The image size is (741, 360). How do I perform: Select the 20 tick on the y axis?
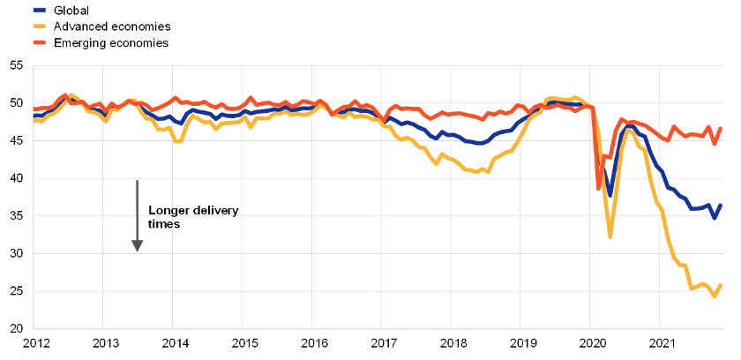click(17, 329)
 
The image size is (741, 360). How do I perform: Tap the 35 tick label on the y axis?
click(17, 216)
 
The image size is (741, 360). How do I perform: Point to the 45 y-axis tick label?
click(17, 141)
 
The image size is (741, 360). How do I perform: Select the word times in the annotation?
click(164, 225)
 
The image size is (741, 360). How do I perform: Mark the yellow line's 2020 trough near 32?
click(610, 236)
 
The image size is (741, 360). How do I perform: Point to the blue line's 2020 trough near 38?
click(610, 195)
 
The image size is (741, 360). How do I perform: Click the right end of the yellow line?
click(722, 285)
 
